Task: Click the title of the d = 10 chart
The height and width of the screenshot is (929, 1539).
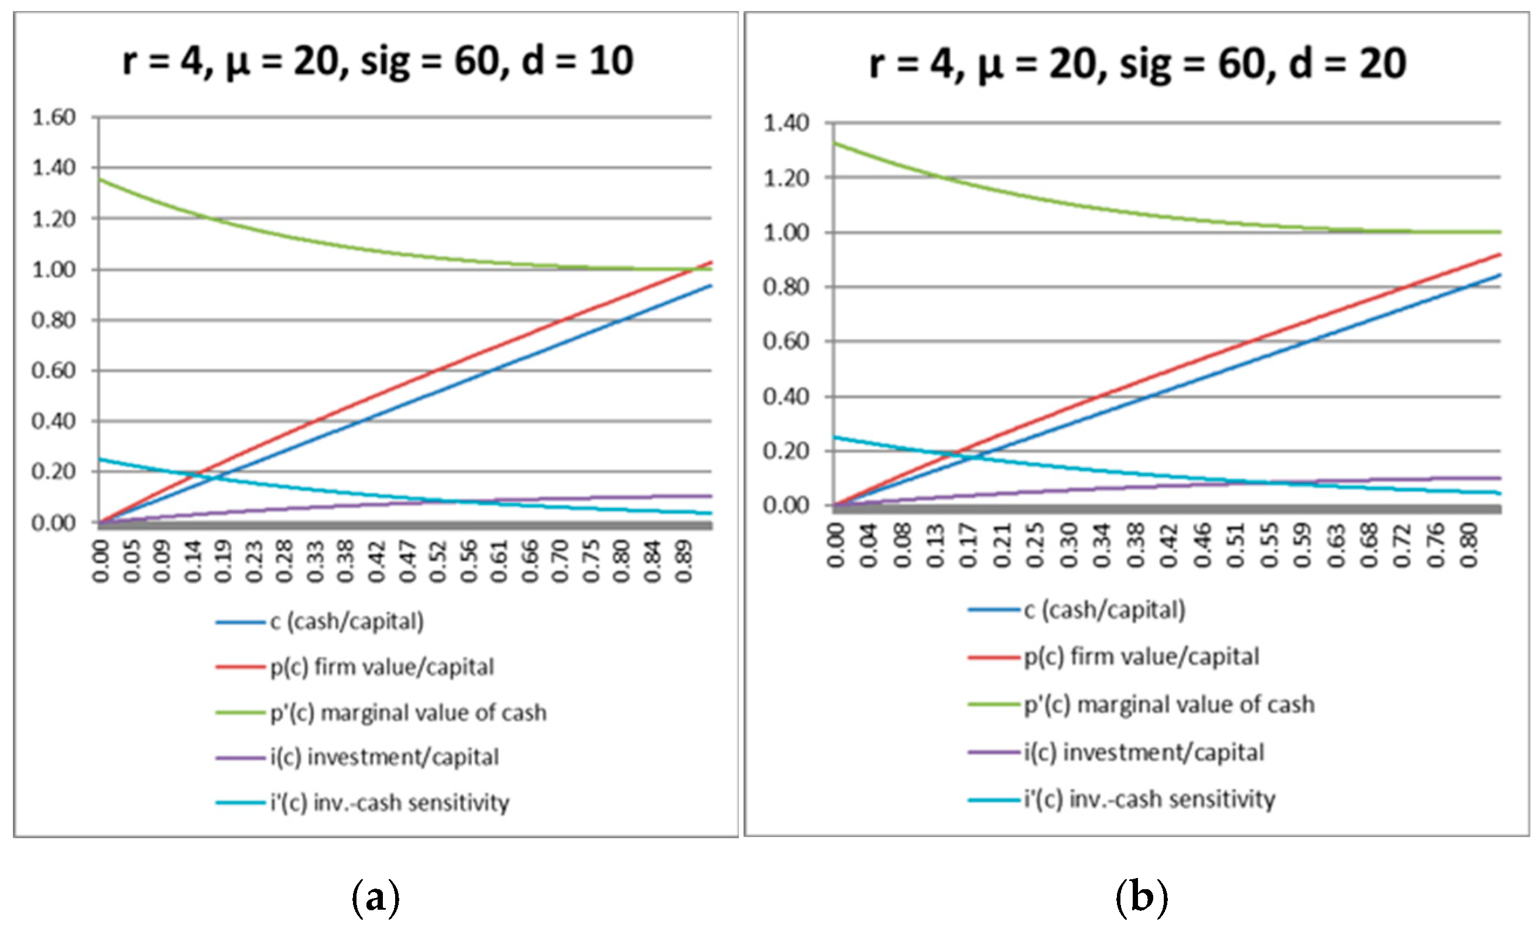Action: tap(378, 61)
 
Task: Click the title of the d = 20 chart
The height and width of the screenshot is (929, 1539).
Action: tap(1138, 64)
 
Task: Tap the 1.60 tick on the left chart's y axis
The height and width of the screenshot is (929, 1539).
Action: tap(54, 117)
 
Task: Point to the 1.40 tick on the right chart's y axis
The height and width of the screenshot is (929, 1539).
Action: tap(786, 123)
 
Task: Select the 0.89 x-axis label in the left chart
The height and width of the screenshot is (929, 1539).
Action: tap(683, 560)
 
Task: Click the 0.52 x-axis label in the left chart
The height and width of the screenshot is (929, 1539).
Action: tap(438, 560)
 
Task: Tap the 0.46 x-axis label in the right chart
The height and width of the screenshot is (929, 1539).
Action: tap(1202, 546)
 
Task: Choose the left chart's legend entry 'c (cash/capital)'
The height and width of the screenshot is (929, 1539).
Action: tap(347, 621)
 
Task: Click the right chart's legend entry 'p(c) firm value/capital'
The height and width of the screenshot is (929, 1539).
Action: tap(1142, 657)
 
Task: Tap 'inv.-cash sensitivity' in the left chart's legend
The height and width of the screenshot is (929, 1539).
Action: tap(411, 802)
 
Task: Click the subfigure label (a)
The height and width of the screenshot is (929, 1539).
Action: tap(376, 898)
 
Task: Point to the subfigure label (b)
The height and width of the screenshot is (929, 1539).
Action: tap(1141, 898)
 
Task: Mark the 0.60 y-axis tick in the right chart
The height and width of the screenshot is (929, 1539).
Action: tap(786, 341)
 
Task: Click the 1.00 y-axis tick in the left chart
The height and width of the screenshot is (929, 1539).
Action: tap(54, 269)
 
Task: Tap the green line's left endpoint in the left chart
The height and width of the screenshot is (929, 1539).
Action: tap(100, 180)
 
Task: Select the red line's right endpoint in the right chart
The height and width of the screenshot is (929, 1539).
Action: tap(1500, 253)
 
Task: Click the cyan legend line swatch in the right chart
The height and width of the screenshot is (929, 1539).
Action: tap(994, 800)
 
